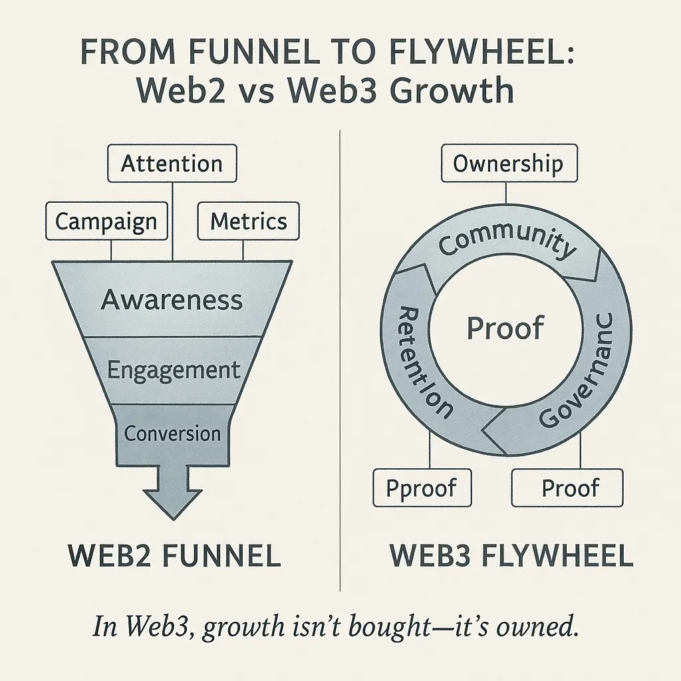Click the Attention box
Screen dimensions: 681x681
point(172,164)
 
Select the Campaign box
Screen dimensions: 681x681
point(106,221)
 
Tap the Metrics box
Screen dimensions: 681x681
point(248,221)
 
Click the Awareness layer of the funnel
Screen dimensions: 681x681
point(172,299)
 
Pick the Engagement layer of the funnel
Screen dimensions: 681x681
point(173,370)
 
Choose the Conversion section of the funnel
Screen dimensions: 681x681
point(172,434)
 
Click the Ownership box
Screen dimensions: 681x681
point(507,164)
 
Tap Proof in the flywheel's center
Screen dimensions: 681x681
point(505,328)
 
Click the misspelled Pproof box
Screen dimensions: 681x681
point(422,488)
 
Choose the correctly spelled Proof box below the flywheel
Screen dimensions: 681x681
point(570,488)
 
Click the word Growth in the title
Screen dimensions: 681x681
point(452,92)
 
